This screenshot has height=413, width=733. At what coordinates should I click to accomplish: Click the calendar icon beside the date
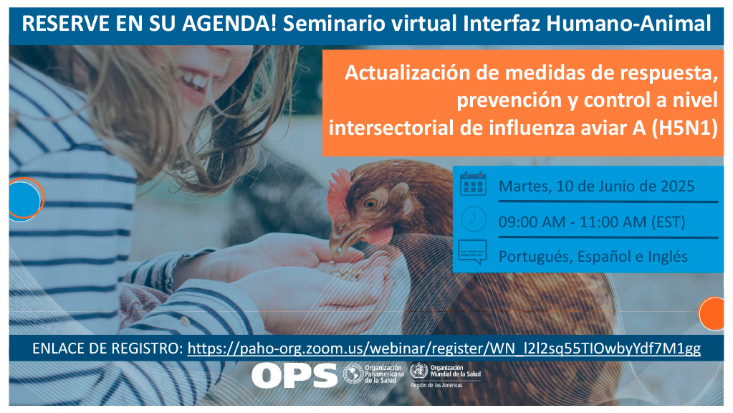pyautogui.click(x=473, y=184)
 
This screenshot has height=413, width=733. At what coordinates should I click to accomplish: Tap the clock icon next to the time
pyautogui.click(x=474, y=219)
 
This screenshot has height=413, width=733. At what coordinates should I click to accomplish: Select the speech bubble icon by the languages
pyautogui.click(x=473, y=252)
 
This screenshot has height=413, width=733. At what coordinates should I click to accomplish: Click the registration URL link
pyautogui.click(x=444, y=348)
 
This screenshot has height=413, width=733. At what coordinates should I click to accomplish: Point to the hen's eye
pyautogui.click(x=370, y=203)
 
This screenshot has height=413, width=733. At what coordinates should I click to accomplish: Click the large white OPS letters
pyautogui.click(x=294, y=376)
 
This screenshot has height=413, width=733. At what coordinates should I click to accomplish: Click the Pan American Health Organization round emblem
pyautogui.click(x=353, y=374)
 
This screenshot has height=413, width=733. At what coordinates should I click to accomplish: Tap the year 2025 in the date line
pyautogui.click(x=677, y=186)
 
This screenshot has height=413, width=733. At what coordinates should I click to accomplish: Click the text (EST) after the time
pyautogui.click(x=669, y=222)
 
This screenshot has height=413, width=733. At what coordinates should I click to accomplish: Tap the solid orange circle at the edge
pyautogui.click(x=712, y=314)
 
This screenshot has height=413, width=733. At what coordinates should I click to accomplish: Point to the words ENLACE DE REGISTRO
pyautogui.click(x=107, y=348)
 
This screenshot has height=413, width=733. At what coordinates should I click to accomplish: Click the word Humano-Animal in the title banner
pyautogui.click(x=629, y=24)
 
